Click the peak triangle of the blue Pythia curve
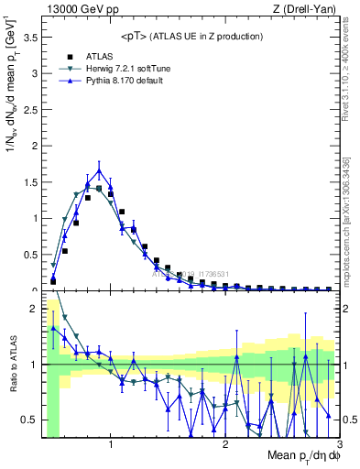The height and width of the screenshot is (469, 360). pos(99,170)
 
